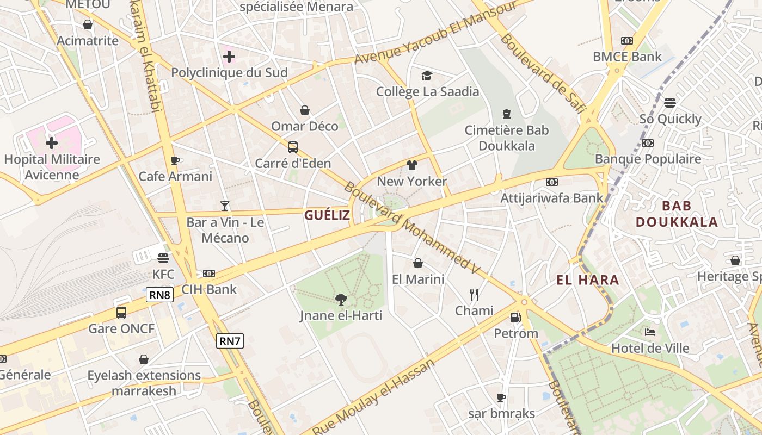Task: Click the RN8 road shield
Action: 159,295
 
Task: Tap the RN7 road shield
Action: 230,341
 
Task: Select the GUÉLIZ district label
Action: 327,215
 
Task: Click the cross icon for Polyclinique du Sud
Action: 229,56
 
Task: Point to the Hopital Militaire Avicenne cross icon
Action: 52,143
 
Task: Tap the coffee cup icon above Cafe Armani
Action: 175,160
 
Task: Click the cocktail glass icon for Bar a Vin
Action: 225,206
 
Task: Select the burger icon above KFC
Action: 163,258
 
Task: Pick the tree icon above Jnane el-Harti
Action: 341,299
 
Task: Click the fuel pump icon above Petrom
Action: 515,316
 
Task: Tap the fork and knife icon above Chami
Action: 474,295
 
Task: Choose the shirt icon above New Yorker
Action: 411,165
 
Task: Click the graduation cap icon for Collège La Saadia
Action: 427,76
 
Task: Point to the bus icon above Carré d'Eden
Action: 293,147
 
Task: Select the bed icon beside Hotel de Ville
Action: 649,332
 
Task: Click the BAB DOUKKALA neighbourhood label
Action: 677,214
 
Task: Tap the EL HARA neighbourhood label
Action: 588,280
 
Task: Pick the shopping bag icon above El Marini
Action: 418,263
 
